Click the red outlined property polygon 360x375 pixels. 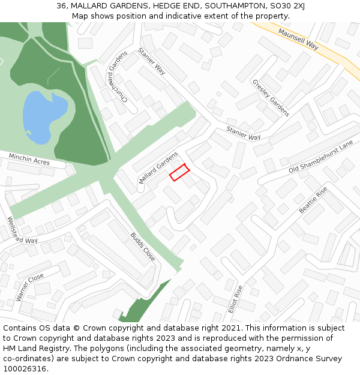pos(179,172)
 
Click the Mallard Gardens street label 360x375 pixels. pos(158,168)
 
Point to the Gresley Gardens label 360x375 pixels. pos(271,98)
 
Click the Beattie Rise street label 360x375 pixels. pos(313,200)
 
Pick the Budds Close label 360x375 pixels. pos(143,246)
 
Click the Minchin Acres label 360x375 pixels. pos(29,160)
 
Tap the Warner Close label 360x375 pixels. pos(30,287)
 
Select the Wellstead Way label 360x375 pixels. pos(22,230)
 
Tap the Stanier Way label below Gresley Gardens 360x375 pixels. pos(244,133)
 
